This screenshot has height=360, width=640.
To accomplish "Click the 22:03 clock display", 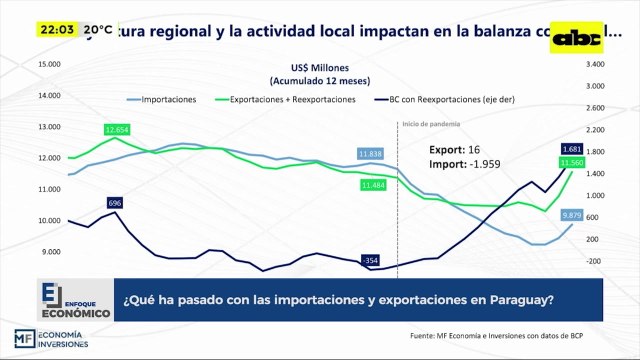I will click(58, 30).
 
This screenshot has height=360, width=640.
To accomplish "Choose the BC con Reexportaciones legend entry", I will click(440, 99).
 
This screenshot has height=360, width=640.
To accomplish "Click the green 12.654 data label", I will click(117, 130).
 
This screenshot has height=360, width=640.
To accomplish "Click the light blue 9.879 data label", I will click(572, 215).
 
